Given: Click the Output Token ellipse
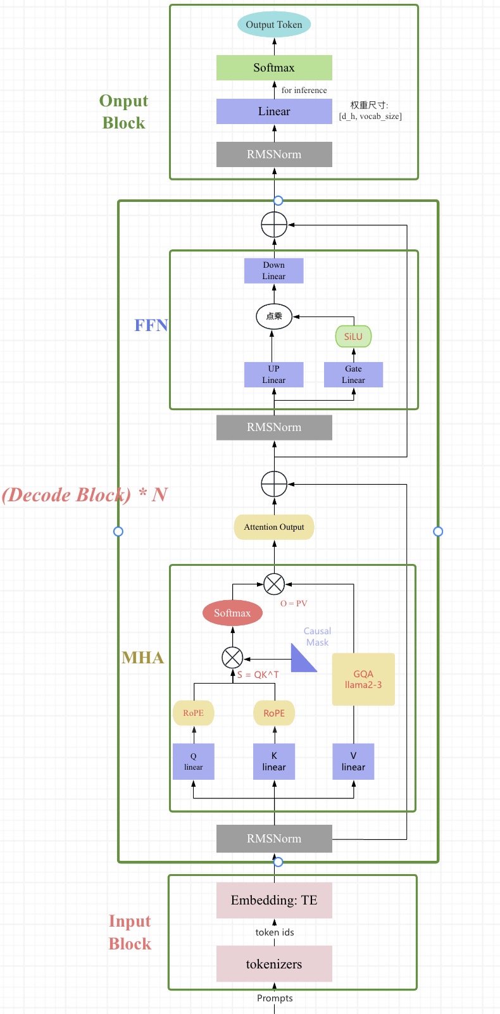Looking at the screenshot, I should coord(274,25).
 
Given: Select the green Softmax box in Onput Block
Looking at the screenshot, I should coord(274,68).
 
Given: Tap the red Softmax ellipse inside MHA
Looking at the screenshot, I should coord(232,613).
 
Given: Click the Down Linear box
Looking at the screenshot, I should coord(274,271).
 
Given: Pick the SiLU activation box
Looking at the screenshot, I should coord(353,336).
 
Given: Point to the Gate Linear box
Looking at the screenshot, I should coord(353,375).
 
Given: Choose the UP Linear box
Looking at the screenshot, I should coord(274,375).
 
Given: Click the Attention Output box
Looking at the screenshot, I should coord(274,527).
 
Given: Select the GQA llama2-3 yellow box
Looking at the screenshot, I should coord(363,679).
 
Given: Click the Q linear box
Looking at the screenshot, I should coord(194,761).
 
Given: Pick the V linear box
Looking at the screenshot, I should coord(353,761).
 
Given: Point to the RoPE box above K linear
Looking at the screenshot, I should coord(274,713).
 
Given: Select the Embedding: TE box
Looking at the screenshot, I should coord(274,900).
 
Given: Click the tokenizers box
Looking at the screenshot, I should coord(274,964).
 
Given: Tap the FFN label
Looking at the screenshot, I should coord(151,325).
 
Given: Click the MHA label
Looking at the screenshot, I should coord(143,658).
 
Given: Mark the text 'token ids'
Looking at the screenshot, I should coord(275,932).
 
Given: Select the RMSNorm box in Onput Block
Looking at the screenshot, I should coord(274,154).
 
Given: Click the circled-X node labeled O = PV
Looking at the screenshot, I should coord(274,584).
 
